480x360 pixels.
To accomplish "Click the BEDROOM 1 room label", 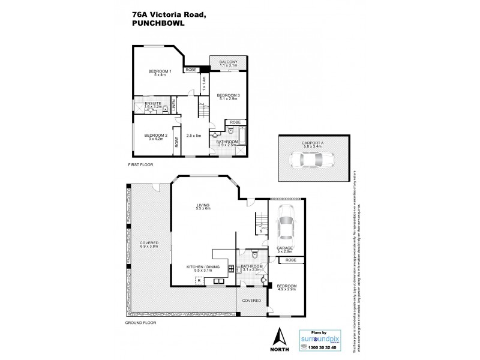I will coord(160,72).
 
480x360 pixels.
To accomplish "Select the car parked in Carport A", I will coord(312,160).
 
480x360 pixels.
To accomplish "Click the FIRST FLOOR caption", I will coord(140,164).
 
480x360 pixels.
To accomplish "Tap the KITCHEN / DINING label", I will coord(200,266).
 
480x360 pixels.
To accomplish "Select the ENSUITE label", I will coord(145,103).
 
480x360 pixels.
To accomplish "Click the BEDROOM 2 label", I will coord(155,136).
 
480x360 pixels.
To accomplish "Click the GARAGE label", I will coord(284,248).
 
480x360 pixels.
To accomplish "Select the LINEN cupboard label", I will coord(175,106).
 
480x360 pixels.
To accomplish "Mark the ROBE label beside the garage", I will coord(291,260).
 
